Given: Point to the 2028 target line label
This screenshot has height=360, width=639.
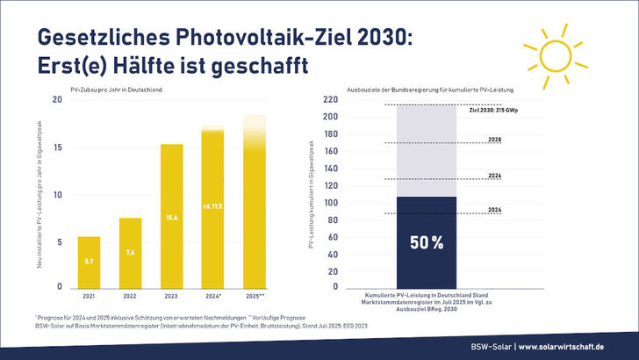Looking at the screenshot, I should (x=493, y=139).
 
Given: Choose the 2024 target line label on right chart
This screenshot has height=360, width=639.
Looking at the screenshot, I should (x=493, y=210).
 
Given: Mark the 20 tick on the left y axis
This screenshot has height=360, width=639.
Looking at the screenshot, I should (x=57, y=99).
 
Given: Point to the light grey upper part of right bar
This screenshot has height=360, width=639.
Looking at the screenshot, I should (x=426, y=149).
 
